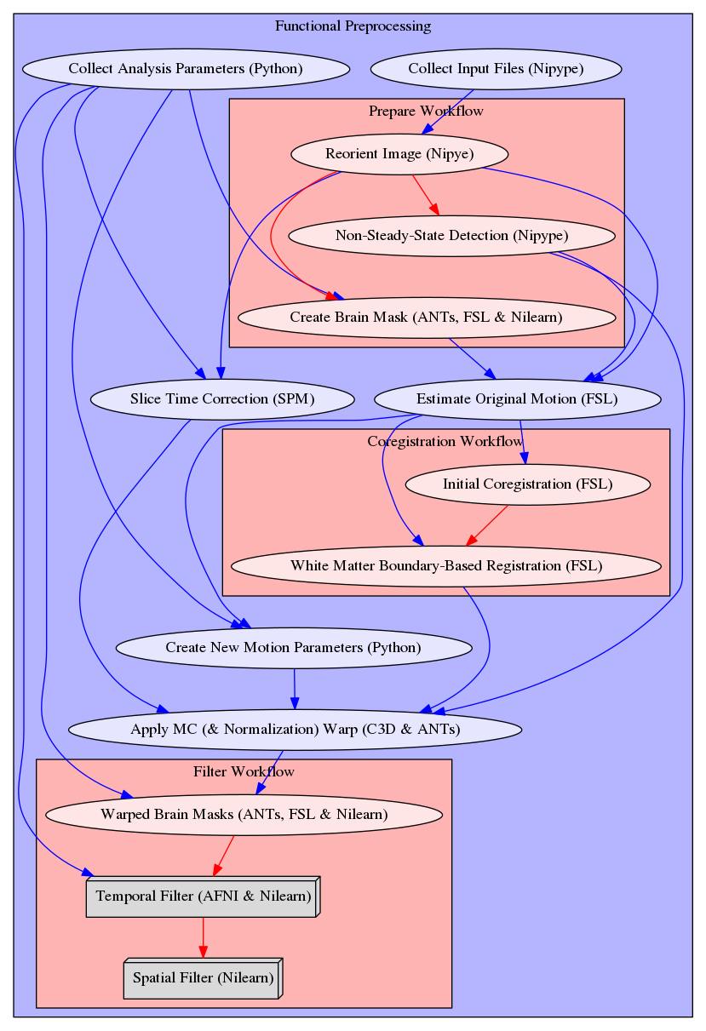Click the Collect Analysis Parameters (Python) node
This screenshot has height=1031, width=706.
185,68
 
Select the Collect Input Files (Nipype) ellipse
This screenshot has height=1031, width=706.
496,68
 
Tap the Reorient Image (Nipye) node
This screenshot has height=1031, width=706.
399,154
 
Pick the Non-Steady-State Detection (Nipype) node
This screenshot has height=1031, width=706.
451,235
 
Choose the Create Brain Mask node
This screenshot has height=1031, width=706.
426,318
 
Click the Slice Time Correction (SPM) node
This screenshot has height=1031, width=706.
221,398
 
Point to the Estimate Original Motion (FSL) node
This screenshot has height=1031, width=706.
517,398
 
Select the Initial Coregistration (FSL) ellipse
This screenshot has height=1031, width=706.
527,484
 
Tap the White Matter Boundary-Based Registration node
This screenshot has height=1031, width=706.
445,566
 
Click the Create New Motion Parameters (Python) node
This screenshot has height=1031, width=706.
293,648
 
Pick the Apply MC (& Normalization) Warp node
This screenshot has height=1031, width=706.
295,730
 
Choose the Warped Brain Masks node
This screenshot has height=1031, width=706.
244,815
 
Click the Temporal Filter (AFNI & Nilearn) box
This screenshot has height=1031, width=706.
203,896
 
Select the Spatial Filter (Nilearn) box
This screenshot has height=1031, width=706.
203,978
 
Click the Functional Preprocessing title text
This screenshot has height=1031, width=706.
353,26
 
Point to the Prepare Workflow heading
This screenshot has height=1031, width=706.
427,112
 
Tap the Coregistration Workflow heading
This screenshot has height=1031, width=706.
445,441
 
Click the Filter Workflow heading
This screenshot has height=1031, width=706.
244,772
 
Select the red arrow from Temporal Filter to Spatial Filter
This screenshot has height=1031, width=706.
203,937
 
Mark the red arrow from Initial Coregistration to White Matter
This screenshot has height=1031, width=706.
487,525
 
